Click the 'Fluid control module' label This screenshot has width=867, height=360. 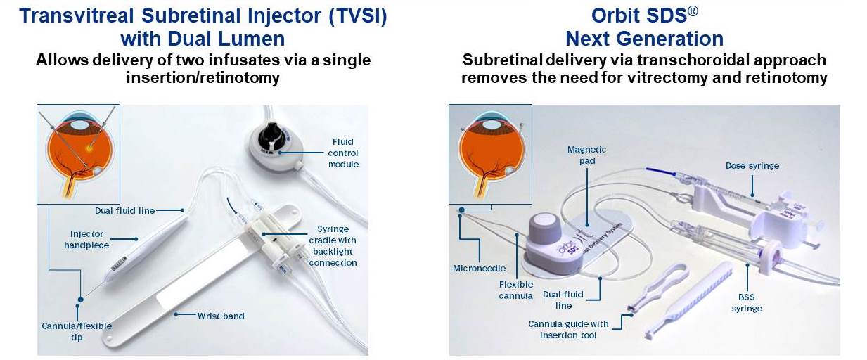pos(344,153)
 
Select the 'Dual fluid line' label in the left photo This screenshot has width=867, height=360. pos(124,210)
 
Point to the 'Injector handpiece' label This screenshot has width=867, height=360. pos(86,239)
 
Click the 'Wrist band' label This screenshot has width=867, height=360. pos(220,316)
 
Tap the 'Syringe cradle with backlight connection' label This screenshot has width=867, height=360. pos(333,246)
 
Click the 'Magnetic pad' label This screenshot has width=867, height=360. pos(586,155)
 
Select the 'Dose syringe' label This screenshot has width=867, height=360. pos(752,166)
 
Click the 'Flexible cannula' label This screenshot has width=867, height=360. pos(516,290)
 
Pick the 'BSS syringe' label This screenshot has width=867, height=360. pos(746,302)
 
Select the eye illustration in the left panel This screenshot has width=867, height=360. pos(78,154)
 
